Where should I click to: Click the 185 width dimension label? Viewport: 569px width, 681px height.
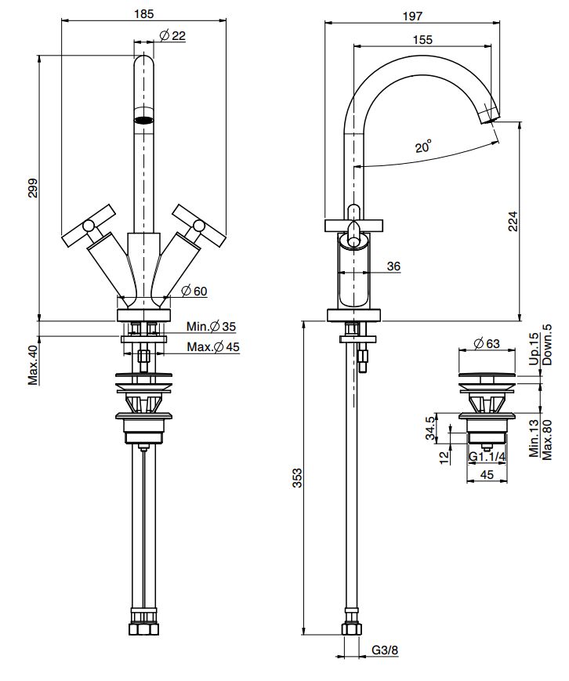point(143,14)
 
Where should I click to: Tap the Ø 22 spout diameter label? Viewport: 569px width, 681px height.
point(172,35)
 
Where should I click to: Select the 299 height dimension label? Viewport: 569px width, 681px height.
point(33,188)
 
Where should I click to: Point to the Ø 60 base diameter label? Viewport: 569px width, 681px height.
point(194,291)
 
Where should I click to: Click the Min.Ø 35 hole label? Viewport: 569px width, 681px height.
point(211,326)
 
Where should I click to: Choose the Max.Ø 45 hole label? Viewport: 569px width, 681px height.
point(213,346)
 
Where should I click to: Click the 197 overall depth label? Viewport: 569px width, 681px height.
point(412,16)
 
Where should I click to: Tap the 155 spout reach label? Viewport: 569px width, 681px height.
point(422,39)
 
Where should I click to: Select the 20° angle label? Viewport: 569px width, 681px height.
point(423,147)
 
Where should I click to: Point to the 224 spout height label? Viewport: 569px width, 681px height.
point(513,221)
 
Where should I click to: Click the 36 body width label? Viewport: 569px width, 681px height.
point(393,266)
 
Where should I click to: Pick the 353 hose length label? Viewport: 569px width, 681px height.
point(297,478)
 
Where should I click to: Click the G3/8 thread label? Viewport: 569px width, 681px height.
point(385,650)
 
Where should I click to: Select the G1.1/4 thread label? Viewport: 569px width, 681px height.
point(487,456)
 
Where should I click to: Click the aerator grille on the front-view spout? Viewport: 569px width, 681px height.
point(143,119)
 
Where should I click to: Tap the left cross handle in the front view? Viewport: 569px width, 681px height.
point(89,226)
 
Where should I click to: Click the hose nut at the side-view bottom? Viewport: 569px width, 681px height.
point(351,628)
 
